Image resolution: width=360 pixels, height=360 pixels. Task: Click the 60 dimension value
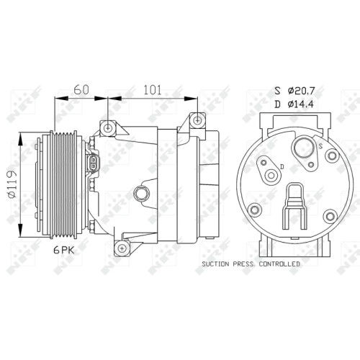click(81, 89)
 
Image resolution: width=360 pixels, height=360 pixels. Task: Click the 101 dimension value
click(153, 89)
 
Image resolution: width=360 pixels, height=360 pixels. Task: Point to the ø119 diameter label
click(12, 184)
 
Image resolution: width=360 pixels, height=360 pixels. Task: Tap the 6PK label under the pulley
click(64, 251)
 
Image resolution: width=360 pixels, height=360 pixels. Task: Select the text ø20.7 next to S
click(301, 91)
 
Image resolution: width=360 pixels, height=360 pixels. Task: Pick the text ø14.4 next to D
click(301, 104)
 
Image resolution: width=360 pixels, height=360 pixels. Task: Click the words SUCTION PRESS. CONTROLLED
click(251, 264)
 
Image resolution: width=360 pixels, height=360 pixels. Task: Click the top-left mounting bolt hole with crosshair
click(108, 128)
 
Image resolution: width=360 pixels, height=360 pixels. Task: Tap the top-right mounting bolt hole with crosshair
click(197, 120)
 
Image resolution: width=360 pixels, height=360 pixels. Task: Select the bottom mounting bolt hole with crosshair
click(122, 248)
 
